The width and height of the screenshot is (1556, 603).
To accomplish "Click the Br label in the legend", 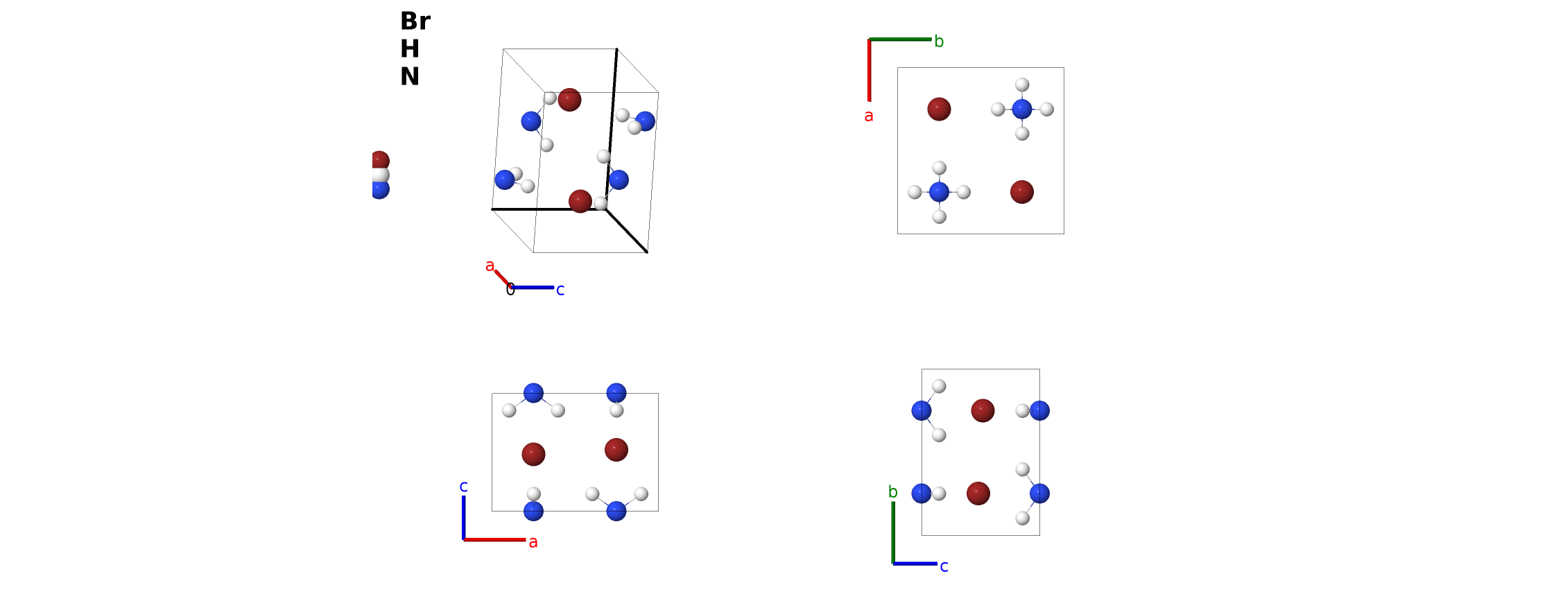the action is point(415,21).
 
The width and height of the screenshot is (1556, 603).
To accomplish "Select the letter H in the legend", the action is point(410,49).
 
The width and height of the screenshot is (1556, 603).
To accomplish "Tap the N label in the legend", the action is point(410,76).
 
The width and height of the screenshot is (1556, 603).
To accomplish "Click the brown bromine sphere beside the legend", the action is point(380,161).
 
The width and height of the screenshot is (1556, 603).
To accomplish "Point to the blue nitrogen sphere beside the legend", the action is point(380,189).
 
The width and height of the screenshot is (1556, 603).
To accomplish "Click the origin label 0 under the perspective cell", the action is point(510,290).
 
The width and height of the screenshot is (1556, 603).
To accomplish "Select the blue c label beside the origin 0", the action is point(560,290).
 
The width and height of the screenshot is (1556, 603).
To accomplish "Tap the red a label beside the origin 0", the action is point(490,265).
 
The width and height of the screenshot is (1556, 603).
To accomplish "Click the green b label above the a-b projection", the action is point(939,41).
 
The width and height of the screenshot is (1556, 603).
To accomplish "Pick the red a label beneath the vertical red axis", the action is point(869,116).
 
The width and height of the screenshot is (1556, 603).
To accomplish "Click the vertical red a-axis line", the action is point(870,70).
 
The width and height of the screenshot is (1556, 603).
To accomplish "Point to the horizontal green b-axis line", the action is point(900,40).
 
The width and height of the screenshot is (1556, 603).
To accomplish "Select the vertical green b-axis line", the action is point(893,532).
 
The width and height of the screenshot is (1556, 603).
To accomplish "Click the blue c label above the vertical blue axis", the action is point(464,487).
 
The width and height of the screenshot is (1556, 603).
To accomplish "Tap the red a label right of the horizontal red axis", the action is point(533,542).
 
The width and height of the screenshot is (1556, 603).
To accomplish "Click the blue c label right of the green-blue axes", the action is point(944,566).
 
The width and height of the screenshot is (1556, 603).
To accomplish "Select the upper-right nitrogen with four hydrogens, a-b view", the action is point(1022,109).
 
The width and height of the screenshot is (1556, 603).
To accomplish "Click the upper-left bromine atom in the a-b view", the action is point(939,109).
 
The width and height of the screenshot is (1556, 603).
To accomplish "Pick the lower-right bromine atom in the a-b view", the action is point(1022,192).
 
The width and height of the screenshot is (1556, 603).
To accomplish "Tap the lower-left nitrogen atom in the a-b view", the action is point(939,192).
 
